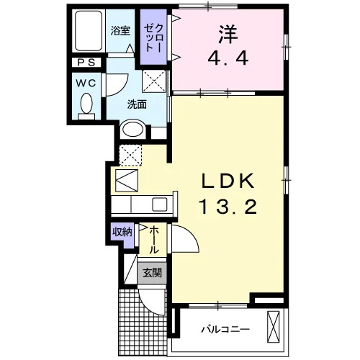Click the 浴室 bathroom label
(120, 31)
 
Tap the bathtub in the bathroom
(89, 31)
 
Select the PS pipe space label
(86, 63)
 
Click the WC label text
(86, 84)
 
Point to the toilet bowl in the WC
(86, 104)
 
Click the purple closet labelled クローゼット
(153, 37)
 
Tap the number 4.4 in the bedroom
(228, 59)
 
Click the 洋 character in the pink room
(228, 34)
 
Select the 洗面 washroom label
(137, 104)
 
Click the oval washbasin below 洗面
(132, 130)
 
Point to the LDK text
(228, 181)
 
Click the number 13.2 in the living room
(228, 207)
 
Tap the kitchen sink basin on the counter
(160, 204)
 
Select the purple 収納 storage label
(122, 232)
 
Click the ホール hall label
(154, 240)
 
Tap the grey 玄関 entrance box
(152, 273)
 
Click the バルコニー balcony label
(225, 329)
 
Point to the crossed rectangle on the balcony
(274, 327)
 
